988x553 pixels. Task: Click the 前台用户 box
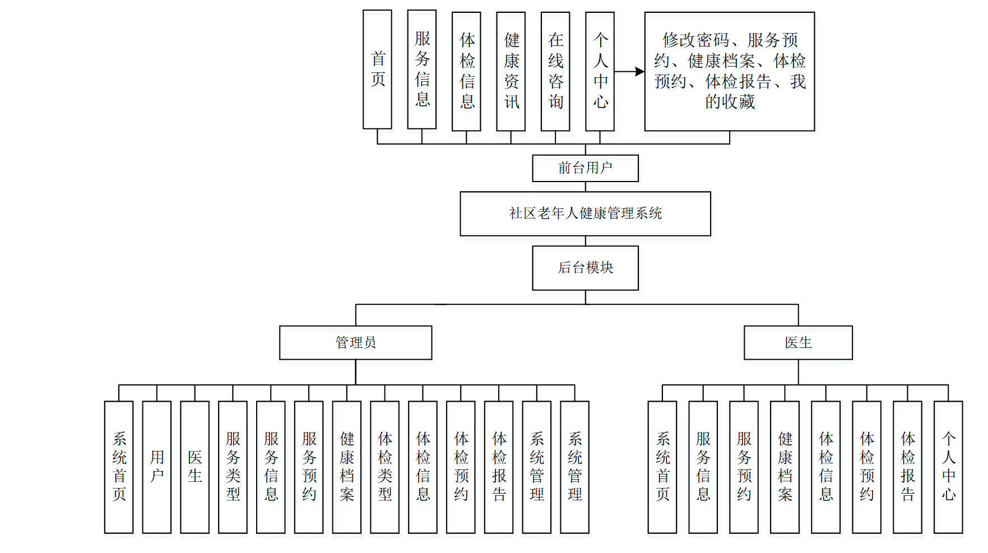(585, 168)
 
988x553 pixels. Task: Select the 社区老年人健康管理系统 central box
(585, 213)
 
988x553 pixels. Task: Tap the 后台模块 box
(585, 268)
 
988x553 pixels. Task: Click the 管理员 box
(355, 342)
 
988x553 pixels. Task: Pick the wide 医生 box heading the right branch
(798, 342)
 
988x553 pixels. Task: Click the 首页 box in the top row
(377, 69)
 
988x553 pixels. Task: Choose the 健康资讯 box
(511, 72)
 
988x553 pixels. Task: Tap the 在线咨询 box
(555, 72)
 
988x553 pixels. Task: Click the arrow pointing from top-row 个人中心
(630, 72)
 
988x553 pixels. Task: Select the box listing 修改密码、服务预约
(729, 72)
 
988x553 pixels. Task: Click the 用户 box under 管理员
(157, 467)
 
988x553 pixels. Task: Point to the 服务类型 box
(233, 467)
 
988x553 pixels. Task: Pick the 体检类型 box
(384, 467)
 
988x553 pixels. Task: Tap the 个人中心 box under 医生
(948, 467)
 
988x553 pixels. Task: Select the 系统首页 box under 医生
(662, 467)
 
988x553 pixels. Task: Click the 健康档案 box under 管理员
(346, 467)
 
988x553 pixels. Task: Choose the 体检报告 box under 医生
(907, 467)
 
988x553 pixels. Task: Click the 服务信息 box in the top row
(422, 69)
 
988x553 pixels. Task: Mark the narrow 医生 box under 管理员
(194, 467)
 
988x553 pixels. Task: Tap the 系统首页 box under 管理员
(119, 467)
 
